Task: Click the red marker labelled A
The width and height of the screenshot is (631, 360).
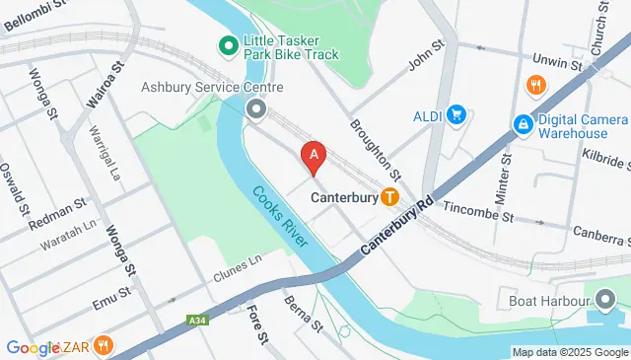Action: point(314,156)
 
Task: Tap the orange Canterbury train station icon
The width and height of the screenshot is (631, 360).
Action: point(390,196)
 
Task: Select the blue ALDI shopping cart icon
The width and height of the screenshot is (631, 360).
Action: point(456,115)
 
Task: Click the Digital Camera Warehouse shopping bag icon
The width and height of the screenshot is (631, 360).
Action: point(521,125)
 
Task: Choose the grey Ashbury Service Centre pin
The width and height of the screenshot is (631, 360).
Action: point(256,108)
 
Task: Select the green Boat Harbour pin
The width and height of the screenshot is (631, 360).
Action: point(603,297)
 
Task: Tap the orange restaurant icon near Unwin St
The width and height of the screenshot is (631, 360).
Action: point(536,85)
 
